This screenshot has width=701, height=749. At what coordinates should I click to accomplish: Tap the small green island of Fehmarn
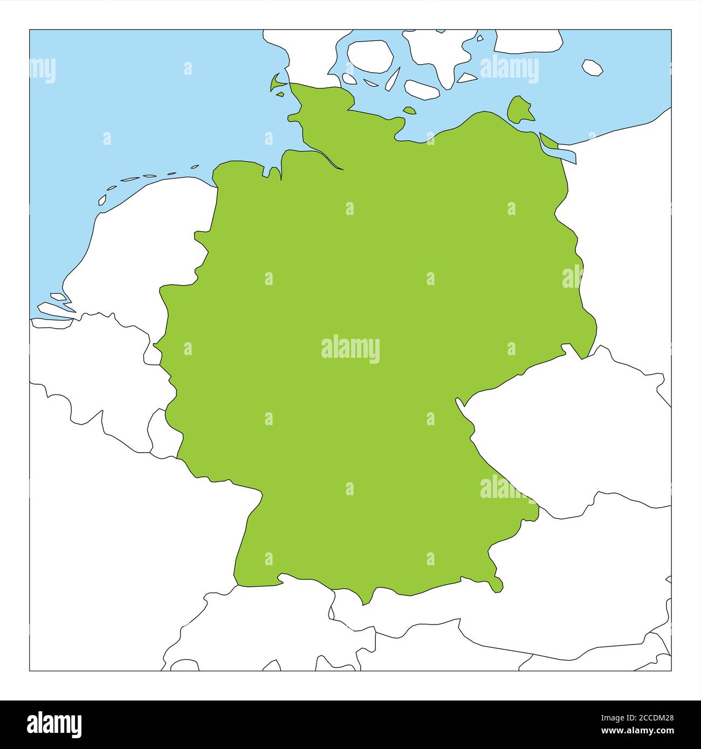tap(410, 110)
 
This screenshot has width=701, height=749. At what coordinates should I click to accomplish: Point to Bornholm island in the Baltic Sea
tap(592, 67)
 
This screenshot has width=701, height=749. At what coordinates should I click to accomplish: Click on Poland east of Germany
tap(631, 242)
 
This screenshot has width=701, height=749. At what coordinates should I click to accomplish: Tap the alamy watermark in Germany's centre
tap(350, 349)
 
